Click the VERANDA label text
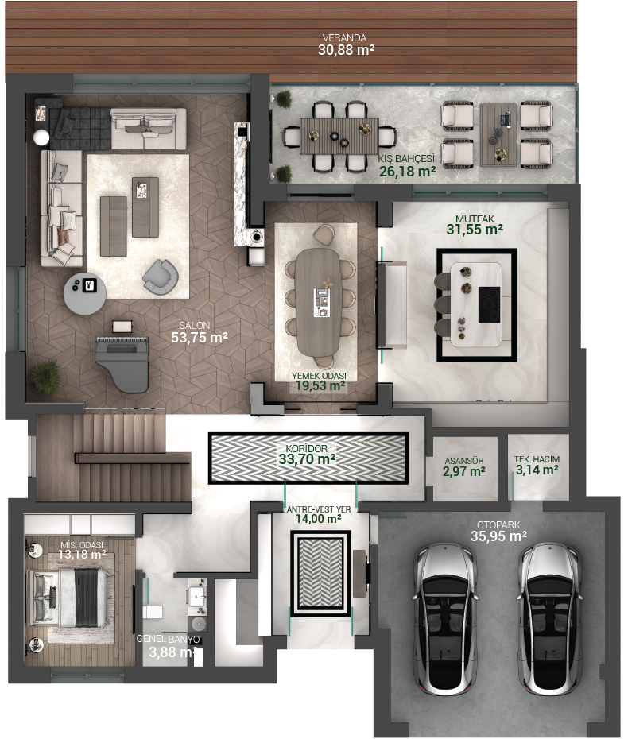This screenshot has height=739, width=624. [344, 37]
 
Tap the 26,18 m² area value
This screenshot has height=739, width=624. [407, 171]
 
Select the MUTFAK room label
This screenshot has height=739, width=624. [475, 219]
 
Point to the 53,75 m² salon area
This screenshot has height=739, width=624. [200, 338]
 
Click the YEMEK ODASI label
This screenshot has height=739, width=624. [319, 376]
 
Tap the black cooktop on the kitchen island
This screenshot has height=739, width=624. [489, 305]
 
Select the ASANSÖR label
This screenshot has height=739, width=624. [464, 461]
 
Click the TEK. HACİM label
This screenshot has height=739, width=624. [537, 459]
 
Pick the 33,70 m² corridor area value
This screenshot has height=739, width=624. [307, 459]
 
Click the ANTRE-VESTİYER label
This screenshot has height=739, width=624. [319, 509]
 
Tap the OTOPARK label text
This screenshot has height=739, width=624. [498, 524]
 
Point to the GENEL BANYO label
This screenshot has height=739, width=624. [169, 639]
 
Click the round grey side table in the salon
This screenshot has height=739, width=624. [85, 293]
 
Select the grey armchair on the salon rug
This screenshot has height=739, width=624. [161, 277]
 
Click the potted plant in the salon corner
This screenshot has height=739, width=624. [46, 376]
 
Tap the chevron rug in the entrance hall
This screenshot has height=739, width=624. [320, 573]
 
